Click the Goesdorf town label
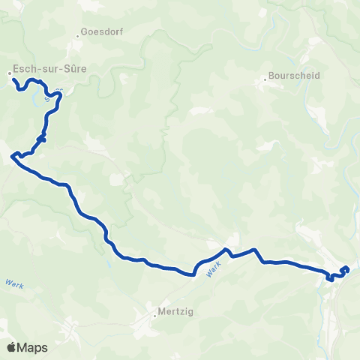[x=104, y=32]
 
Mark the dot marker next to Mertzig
[x=154, y=315]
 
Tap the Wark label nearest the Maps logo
[x=13, y=284]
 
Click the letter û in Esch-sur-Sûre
[x=70, y=69]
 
